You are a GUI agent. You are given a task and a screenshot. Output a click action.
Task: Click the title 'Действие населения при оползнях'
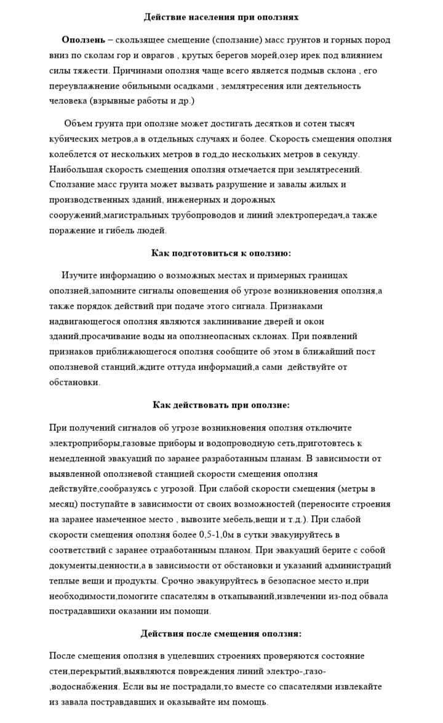tap(221, 17)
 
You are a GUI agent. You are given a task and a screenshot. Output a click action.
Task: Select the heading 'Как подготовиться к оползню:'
tap(221, 253)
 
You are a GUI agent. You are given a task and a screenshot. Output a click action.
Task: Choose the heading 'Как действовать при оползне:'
tap(221, 405)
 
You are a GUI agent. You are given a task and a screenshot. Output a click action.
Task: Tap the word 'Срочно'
tap(178, 580)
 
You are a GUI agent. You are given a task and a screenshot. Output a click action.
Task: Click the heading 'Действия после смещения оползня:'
tap(221, 633)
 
